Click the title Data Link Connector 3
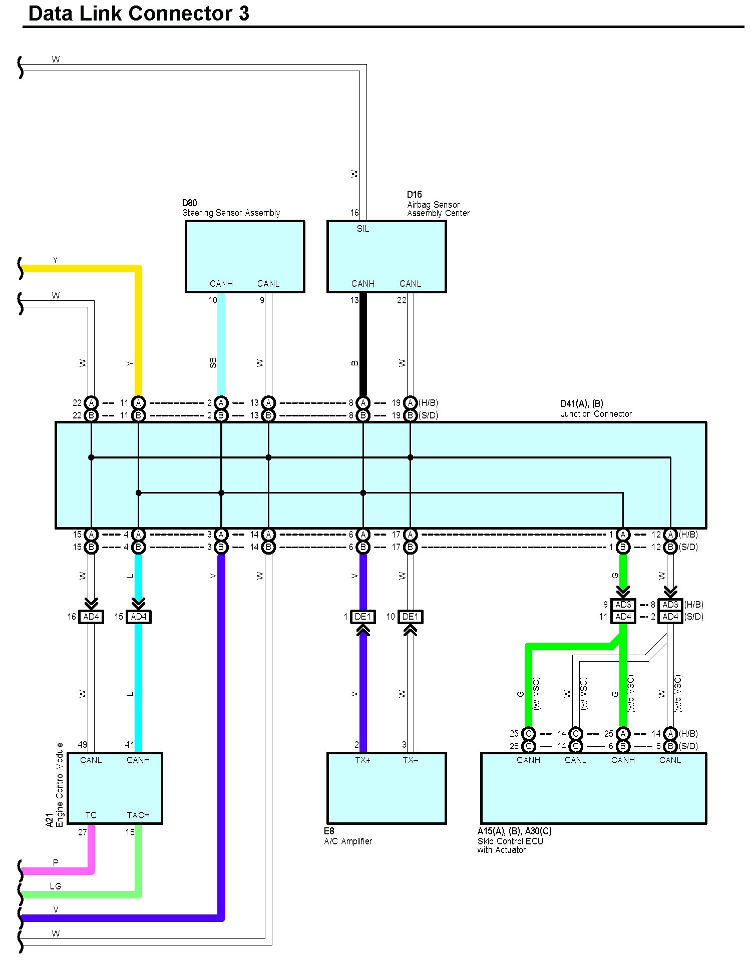click(139, 14)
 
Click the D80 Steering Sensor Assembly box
click(245, 256)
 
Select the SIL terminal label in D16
click(362, 229)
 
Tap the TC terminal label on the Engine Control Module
click(91, 815)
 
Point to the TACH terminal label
click(138, 815)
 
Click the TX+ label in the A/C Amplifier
click(362, 760)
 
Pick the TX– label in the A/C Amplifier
click(410, 760)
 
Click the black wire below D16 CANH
click(363, 345)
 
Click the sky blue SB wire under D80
click(221, 345)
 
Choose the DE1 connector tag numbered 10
click(411, 617)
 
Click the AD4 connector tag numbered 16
click(91, 617)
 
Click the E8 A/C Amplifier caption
click(348, 836)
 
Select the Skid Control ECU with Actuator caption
click(510, 845)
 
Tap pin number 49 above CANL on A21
click(83, 745)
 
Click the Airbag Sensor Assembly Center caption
click(438, 209)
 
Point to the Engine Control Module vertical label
click(60, 784)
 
